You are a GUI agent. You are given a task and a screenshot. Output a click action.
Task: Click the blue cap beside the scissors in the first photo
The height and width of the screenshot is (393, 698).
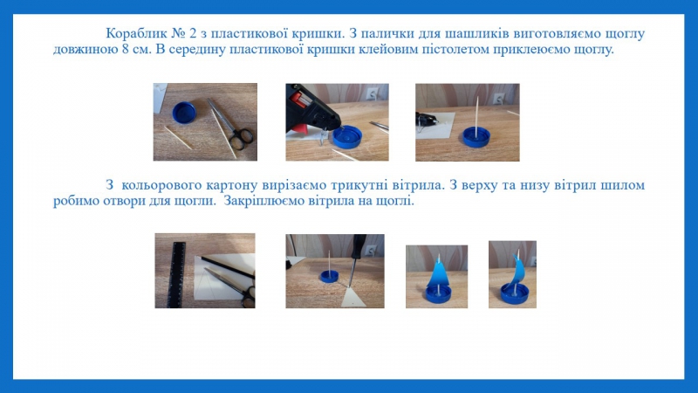pos(184,113)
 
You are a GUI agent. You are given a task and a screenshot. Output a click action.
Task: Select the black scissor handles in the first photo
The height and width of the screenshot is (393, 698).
pos(242,138)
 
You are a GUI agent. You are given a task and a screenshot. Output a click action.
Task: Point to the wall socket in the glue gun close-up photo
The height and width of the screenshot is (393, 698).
pos(372,93)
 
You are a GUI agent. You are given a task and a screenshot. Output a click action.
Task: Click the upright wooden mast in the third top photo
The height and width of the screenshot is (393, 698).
pos(476,117)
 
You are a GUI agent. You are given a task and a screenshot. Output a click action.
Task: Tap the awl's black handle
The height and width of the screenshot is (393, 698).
pos(358,246)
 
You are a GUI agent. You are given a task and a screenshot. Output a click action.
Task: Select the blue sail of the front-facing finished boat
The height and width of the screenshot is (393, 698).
pos(438,272)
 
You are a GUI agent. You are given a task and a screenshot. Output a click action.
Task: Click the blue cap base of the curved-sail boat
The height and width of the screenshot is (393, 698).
pos(514,293)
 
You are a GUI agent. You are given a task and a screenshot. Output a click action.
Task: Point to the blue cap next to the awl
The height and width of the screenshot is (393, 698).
pos(329,278)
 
